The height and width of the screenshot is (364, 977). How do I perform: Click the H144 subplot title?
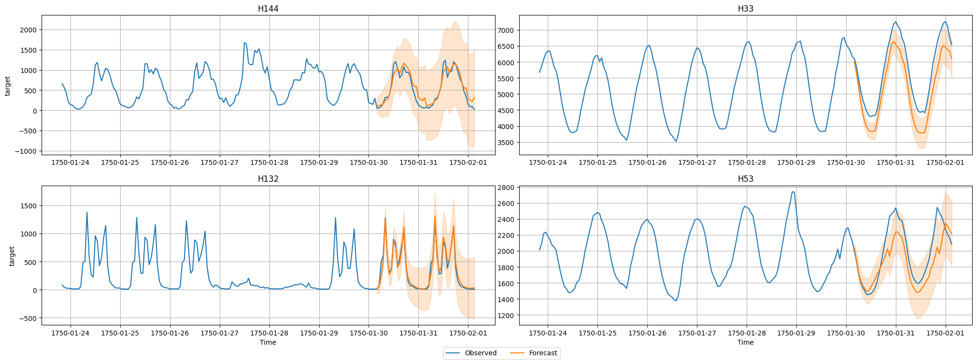[268, 9]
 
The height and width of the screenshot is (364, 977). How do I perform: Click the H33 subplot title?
[745, 9]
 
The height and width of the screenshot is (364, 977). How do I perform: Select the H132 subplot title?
[268, 179]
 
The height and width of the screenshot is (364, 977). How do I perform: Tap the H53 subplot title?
[745, 179]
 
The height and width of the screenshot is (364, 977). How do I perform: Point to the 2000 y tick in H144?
[28, 30]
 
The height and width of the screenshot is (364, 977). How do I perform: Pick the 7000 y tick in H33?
[506, 30]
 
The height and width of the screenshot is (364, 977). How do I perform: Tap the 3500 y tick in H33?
[506, 143]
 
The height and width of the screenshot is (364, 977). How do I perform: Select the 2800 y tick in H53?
[506, 188]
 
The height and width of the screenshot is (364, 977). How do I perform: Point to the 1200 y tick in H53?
[506, 316]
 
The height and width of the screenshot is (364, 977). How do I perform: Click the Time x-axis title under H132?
[268, 342]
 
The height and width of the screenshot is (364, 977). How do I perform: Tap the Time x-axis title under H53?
[745, 342]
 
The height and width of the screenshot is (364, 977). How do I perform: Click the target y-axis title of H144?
[7, 86]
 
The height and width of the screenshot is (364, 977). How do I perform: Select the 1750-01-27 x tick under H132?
[219, 333]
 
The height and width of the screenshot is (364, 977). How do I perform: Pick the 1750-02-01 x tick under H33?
[945, 162]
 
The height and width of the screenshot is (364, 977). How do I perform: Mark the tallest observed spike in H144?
[244, 43]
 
